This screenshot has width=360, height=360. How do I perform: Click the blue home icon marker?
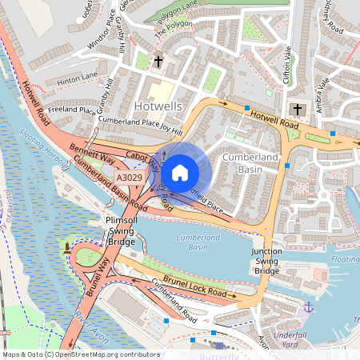click(180, 172)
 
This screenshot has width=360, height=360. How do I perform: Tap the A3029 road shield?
click(130, 178)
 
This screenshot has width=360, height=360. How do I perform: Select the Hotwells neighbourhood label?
click(159, 106)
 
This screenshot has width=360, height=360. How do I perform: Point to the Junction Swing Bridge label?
click(266, 262)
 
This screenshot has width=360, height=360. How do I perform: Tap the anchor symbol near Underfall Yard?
click(308, 306)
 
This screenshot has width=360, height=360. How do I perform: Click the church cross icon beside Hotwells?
click(158, 61)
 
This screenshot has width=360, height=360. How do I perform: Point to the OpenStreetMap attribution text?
click(80, 354)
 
